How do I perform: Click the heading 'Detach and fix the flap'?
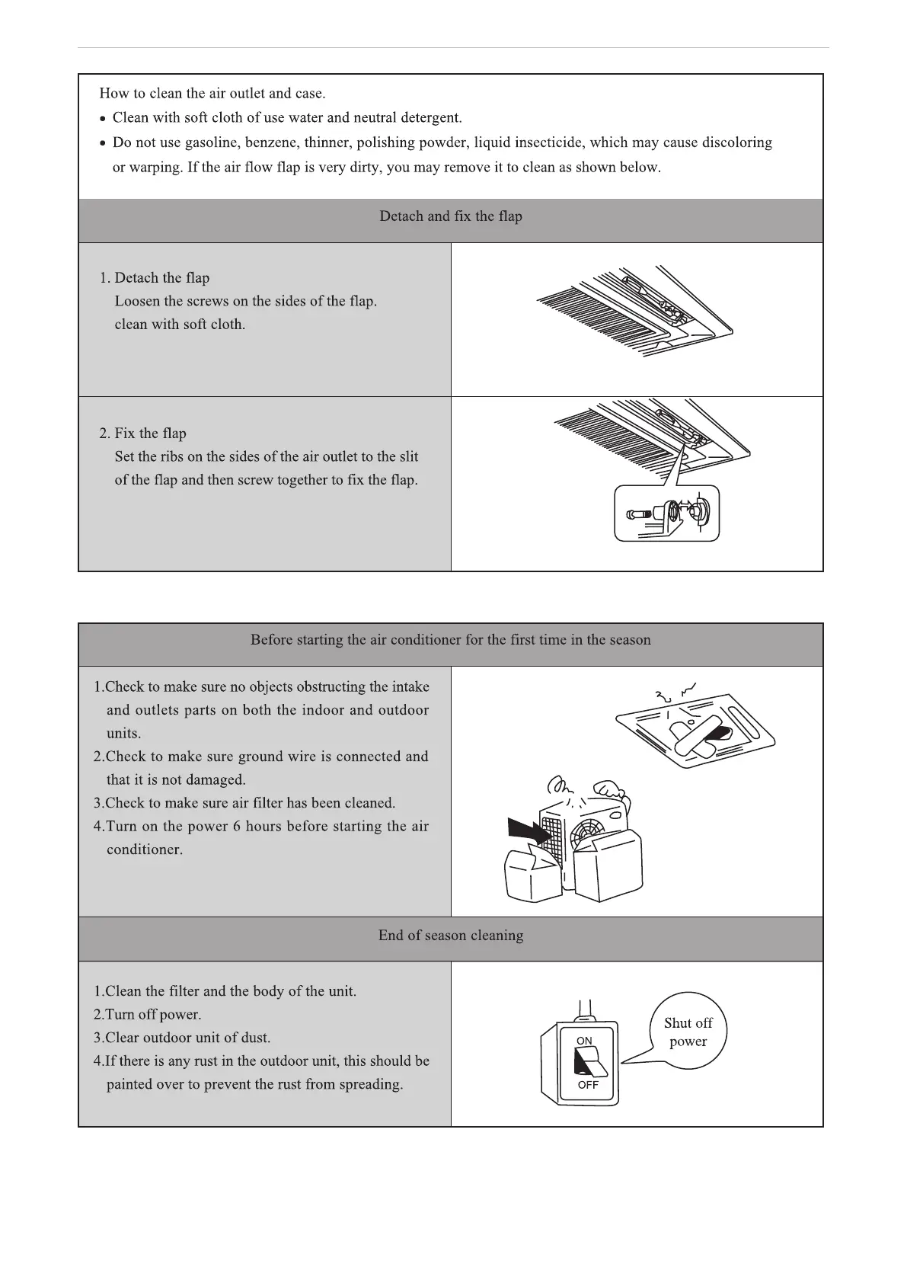click(451, 216)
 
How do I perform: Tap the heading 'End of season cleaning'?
click(451, 936)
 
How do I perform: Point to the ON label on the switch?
click(584, 1041)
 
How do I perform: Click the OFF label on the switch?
click(588, 1085)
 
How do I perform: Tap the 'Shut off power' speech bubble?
click(688, 1032)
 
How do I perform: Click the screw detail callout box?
click(666, 514)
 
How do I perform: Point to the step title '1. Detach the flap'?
click(155, 278)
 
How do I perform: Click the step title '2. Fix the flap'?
click(143, 434)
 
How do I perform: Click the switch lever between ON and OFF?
click(587, 1061)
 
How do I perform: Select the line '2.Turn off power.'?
click(148, 1015)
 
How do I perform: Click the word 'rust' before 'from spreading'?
click(288, 1084)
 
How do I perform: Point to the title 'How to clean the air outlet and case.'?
click(212, 94)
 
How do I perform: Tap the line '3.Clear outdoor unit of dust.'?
click(182, 1038)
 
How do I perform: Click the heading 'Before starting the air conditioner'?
click(451, 640)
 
